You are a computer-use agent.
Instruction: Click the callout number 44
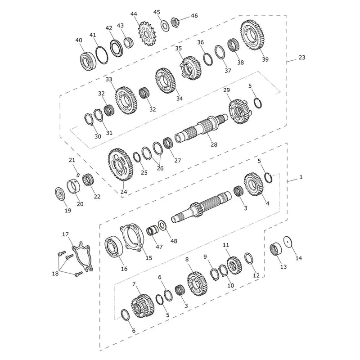pyautogui.click(x=134, y=14)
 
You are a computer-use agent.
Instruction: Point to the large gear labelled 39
pyautogui.click(x=252, y=35)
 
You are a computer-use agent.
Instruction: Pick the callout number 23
pyautogui.click(x=302, y=57)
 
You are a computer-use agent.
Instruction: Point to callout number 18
pyautogui.click(x=55, y=274)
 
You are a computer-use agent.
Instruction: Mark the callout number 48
pyautogui.click(x=174, y=241)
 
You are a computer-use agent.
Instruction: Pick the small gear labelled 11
pyautogui.click(x=234, y=265)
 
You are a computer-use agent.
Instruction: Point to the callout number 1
pyautogui.click(x=301, y=177)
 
